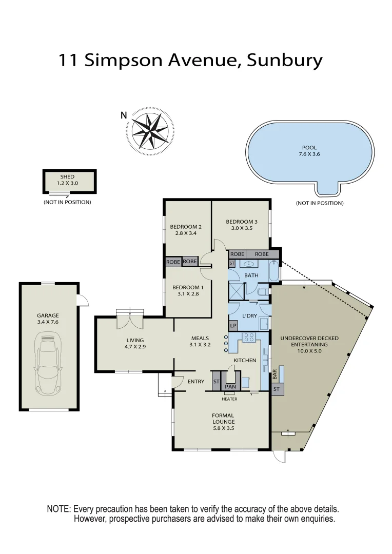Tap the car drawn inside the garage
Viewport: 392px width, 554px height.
pyautogui.click(x=48, y=364)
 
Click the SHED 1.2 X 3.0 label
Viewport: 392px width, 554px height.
pyautogui.click(x=67, y=180)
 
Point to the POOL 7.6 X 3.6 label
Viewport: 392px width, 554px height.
pyautogui.click(x=309, y=151)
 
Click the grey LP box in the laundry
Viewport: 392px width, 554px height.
pyautogui.click(x=233, y=326)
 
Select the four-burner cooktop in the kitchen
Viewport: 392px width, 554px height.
pyautogui.click(x=248, y=338)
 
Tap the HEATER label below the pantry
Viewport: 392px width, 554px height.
pyautogui.click(x=229, y=399)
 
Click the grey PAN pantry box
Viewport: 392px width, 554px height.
pyautogui.click(x=230, y=386)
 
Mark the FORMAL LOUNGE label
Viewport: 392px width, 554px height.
pyautogui.click(x=223, y=419)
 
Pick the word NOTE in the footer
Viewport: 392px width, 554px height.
pyautogui.click(x=58, y=509)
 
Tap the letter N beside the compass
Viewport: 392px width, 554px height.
pyautogui.click(x=123, y=115)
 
